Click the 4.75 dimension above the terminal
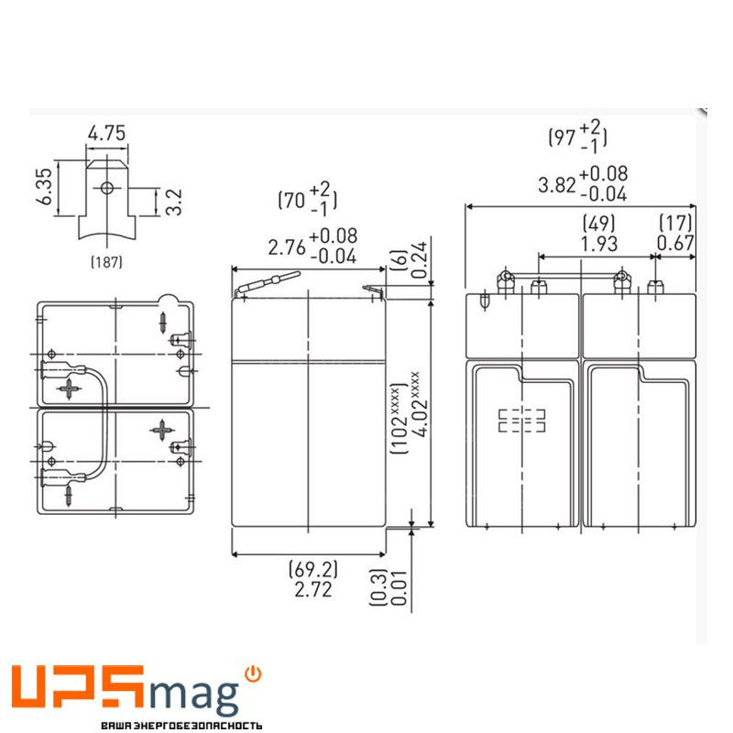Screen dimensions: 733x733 106,133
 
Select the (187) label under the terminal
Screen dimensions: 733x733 106,262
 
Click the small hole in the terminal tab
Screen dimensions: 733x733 106,189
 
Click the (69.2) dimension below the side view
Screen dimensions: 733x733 308,569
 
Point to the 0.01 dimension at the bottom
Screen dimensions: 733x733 399,587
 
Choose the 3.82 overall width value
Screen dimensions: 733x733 556,184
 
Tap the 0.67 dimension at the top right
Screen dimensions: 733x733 675,244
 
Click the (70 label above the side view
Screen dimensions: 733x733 292,200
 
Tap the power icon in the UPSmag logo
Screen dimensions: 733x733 254,673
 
